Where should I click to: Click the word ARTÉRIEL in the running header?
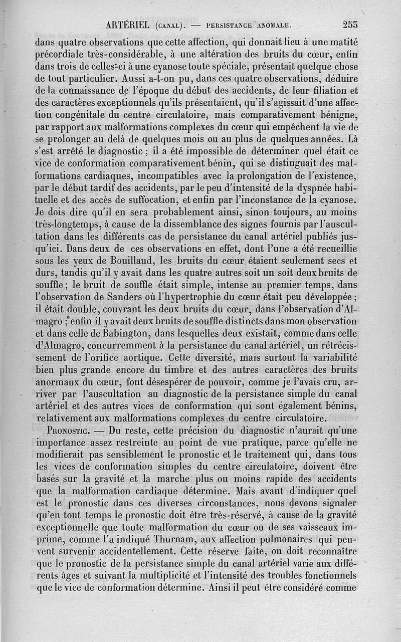(x=130, y=24)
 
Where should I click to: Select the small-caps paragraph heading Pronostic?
(x=67, y=430)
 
